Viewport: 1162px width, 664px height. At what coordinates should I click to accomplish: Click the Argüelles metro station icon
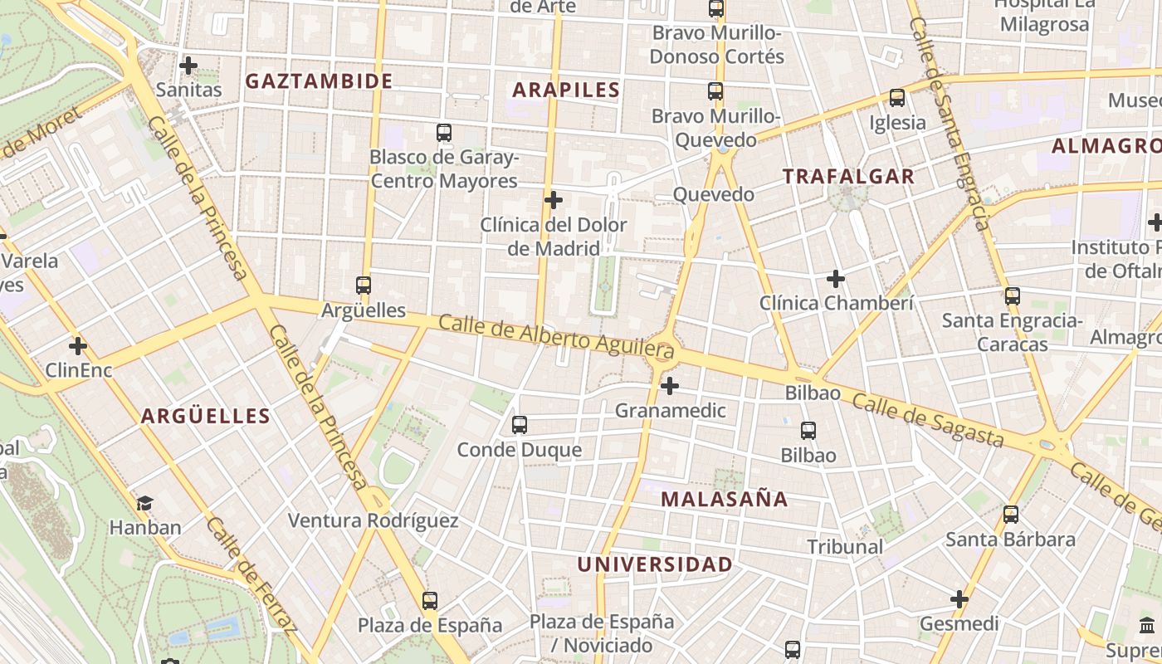pyautogui.click(x=364, y=286)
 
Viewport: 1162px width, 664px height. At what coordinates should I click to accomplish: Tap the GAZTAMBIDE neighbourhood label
pyautogui.click(x=320, y=81)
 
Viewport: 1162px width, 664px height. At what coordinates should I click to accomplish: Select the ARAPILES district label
pyautogui.click(x=567, y=90)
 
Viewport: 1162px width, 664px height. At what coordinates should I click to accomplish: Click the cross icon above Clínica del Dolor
pyautogui.click(x=554, y=200)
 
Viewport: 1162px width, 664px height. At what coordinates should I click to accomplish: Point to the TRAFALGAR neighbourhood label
pyautogui.click(x=848, y=176)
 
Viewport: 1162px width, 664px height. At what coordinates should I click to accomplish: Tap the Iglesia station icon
pyautogui.click(x=897, y=98)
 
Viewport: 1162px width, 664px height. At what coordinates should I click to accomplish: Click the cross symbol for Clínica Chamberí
pyautogui.click(x=836, y=279)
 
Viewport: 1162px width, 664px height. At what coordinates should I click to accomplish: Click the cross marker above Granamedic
pyautogui.click(x=670, y=386)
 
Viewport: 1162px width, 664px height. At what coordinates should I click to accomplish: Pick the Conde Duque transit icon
pyautogui.click(x=520, y=425)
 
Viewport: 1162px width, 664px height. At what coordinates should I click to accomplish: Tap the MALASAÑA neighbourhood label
pyautogui.click(x=725, y=499)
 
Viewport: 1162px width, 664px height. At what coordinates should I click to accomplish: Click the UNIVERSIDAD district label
pyautogui.click(x=655, y=564)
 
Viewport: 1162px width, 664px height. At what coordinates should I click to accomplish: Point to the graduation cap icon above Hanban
pyautogui.click(x=145, y=503)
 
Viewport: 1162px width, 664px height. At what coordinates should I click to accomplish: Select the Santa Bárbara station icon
pyautogui.click(x=1011, y=515)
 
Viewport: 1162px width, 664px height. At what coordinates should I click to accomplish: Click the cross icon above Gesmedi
pyautogui.click(x=959, y=599)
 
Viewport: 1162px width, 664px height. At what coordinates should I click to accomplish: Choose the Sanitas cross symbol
pyautogui.click(x=188, y=65)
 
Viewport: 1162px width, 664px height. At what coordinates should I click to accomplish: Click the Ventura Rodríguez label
pyautogui.click(x=373, y=520)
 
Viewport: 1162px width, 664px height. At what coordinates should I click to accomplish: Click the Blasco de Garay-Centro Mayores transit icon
pyautogui.click(x=444, y=133)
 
